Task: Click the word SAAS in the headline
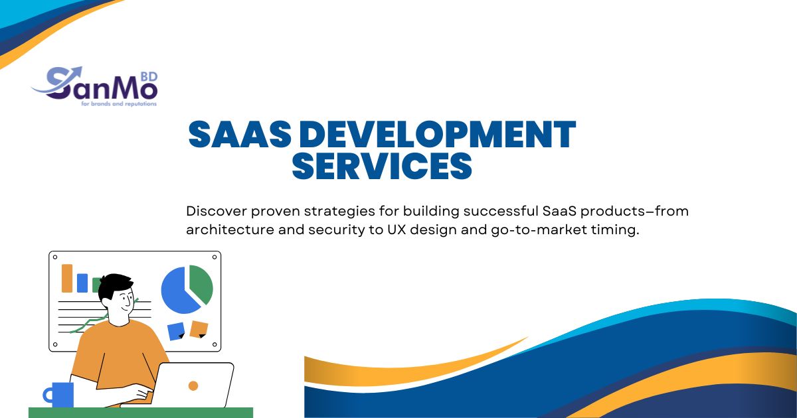[240, 134]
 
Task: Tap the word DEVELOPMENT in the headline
[437, 134]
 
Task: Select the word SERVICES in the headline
[382, 166]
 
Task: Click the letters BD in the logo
[149, 76]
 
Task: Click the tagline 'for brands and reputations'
[119, 104]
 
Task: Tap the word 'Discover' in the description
[217, 211]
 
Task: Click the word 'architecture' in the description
[230, 230]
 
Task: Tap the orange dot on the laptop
[193, 385]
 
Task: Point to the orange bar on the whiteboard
[67, 278]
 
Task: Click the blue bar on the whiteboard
[82, 283]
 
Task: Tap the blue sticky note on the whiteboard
[176, 331]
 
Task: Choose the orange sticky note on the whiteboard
[199, 329]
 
